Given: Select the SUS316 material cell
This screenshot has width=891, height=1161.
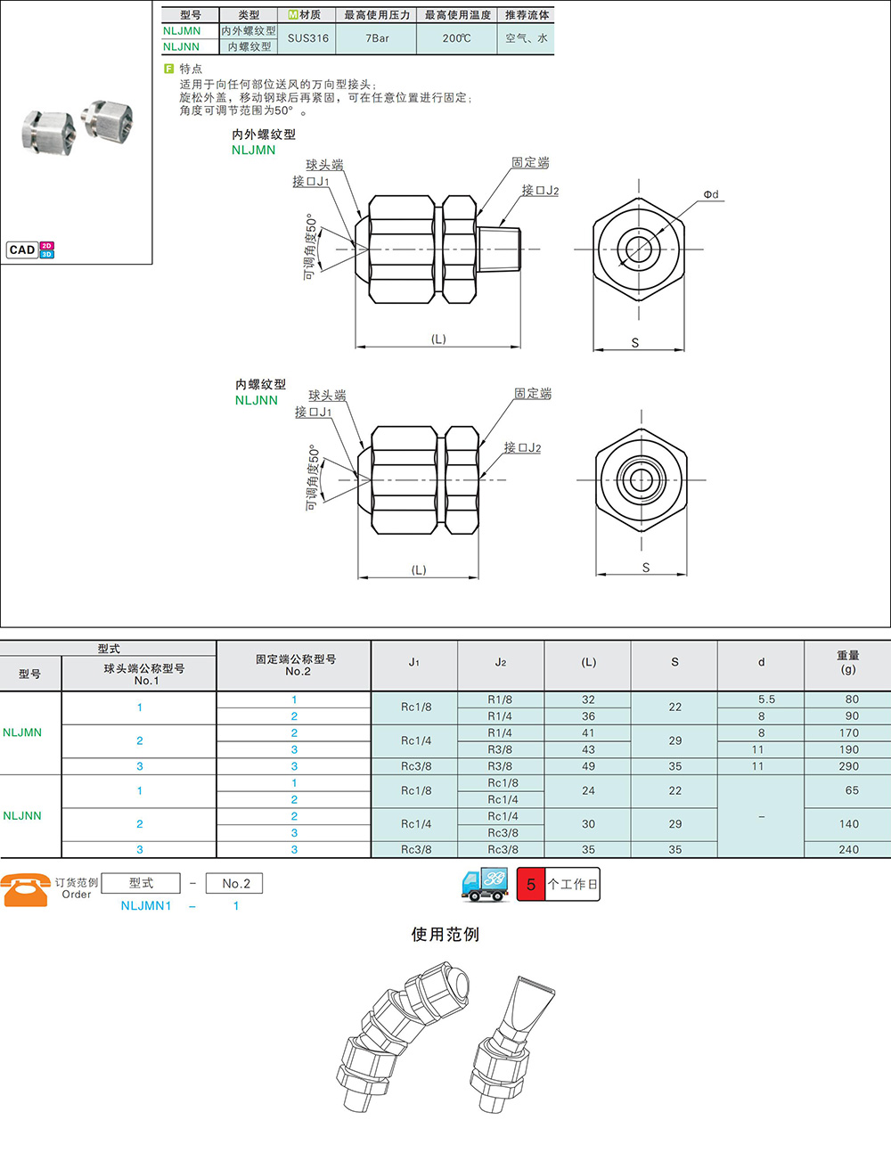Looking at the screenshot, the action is [307, 38].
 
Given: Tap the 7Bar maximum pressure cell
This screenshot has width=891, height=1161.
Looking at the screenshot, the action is [377, 38].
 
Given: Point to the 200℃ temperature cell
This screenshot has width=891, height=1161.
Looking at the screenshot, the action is [457, 38].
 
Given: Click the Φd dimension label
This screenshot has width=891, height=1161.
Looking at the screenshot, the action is [711, 194].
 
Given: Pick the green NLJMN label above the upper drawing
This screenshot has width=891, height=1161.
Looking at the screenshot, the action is [254, 150].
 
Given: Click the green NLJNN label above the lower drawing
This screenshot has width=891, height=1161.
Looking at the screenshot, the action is [257, 400].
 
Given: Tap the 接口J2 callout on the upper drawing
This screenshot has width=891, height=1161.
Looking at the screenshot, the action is [540, 190].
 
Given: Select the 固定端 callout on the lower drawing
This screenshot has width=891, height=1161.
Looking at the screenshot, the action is [533, 394].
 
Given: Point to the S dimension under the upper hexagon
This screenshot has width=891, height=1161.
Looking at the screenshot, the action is [635, 342].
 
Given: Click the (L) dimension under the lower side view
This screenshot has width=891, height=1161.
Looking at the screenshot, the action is [419, 570].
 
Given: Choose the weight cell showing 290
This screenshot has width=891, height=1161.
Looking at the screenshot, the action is [848, 766].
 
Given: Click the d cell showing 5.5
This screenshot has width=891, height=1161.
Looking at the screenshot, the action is [766, 699].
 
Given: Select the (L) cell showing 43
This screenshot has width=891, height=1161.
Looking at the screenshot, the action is [588, 749].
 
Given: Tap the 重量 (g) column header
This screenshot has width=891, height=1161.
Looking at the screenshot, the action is [847, 663].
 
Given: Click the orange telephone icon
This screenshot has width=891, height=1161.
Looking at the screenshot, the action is [26, 890].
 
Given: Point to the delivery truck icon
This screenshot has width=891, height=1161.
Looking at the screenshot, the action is [485, 885].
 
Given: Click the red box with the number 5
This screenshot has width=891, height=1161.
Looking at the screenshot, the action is [531, 884].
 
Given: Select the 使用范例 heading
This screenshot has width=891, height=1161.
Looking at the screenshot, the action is [445, 935].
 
